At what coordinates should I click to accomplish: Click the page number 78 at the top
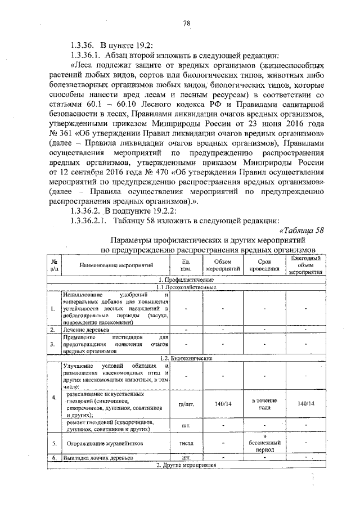pos(186,23)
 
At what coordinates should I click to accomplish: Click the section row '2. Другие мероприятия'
pos(186,466)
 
